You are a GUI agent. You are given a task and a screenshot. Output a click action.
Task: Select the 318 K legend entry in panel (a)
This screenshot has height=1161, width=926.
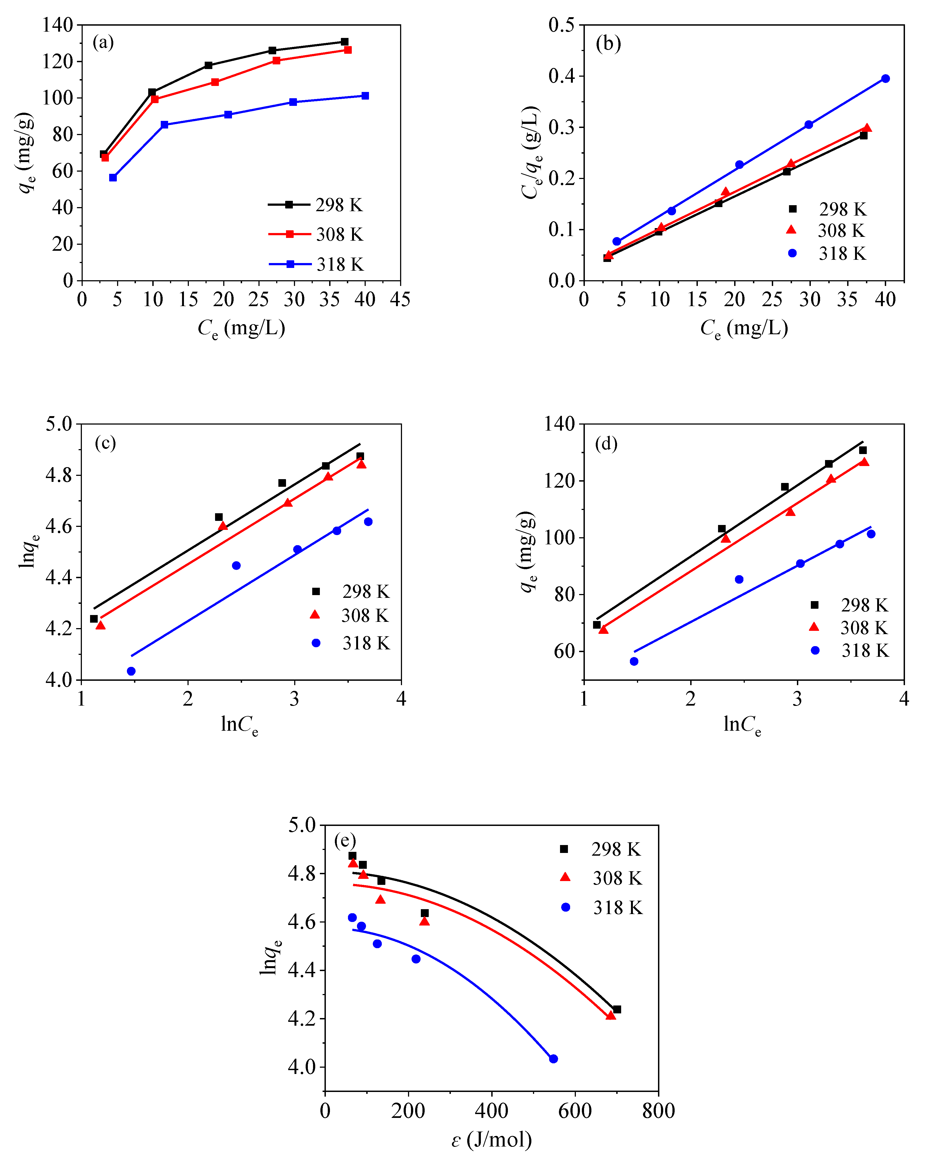(x=316, y=264)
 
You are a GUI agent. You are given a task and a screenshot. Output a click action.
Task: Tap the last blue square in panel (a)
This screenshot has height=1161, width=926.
(x=365, y=96)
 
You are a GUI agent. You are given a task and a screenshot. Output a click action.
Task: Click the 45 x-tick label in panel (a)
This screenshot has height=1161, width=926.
(x=400, y=299)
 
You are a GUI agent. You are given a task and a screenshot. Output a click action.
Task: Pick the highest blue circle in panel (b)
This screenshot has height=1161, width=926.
(x=885, y=79)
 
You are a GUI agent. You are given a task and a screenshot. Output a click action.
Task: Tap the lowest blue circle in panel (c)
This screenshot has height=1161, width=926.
(x=131, y=671)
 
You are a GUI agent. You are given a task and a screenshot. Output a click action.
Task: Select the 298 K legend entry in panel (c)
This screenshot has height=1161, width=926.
(x=351, y=592)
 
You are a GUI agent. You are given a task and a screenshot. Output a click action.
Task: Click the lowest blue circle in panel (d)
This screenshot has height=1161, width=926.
(x=634, y=661)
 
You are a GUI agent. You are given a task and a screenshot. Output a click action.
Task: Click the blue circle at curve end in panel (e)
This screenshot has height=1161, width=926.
(x=553, y=1059)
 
